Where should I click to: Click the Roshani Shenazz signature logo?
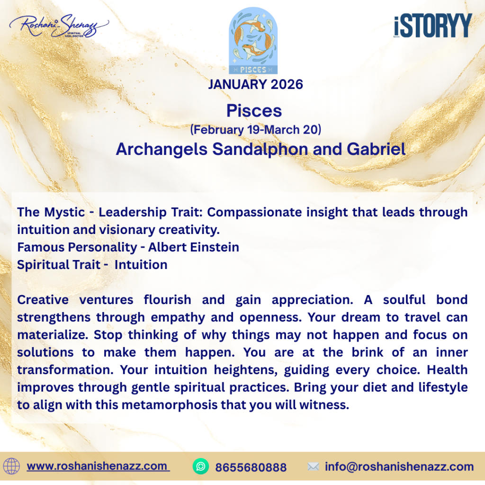[x=59, y=27]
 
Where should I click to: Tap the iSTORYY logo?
[x=433, y=26]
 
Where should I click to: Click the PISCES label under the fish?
[x=253, y=70]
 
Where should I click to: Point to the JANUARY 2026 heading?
[x=255, y=84]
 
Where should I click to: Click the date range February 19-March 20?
[x=255, y=130]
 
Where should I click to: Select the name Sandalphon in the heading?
[x=260, y=149]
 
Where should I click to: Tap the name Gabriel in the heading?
[x=376, y=149]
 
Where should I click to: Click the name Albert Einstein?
[x=194, y=247]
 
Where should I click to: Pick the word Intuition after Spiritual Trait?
[x=141, y=265]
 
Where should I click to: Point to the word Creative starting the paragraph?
[x=43, y=300]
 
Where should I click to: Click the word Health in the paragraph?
[x=447, y=370]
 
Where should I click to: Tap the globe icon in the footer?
[x=11, y=467]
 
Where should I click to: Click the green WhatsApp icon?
[x=201, y=467]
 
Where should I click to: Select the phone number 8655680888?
[x=251, y=467]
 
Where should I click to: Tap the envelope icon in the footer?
[x=313, y=467]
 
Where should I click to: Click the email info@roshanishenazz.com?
[x=399, y=467]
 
